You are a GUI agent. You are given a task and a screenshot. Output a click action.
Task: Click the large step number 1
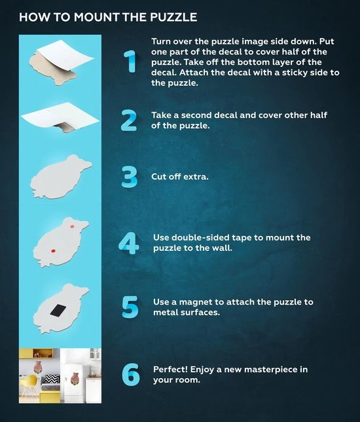[130, 61]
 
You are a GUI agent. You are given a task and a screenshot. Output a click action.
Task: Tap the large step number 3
[130, 176]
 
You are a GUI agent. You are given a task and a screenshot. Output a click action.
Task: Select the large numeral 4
[129, 243]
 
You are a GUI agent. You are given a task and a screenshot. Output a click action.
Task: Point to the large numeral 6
[131, 374]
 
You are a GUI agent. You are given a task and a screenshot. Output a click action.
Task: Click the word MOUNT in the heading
[96, 17]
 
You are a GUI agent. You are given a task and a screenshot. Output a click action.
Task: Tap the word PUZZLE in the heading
[173, 17]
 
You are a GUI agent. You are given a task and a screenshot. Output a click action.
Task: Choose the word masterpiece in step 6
[272, 370]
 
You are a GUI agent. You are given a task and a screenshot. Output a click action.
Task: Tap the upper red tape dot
[72, 226]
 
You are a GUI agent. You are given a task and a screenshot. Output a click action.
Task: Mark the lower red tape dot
[53, 251]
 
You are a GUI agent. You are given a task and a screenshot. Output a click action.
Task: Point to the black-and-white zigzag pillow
[51, 379]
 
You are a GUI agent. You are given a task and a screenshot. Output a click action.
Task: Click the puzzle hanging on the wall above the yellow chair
[38, 367]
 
